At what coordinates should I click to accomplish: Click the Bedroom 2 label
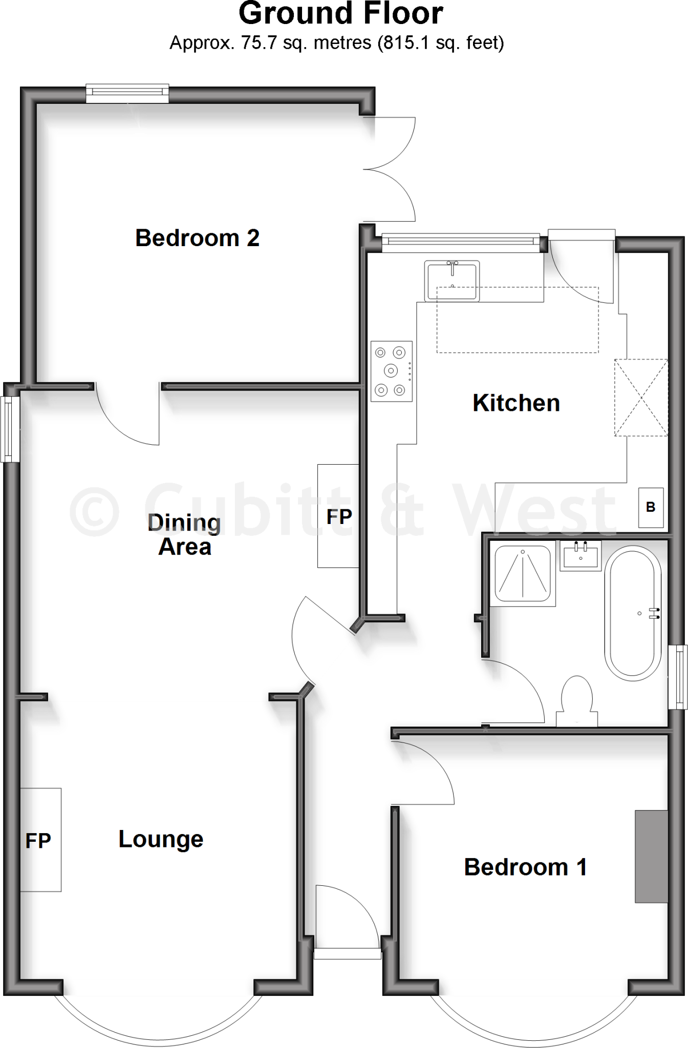click(x=197, y=238)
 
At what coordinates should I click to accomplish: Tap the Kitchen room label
click(x=516, y=403)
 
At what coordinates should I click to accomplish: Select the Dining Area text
click(x=184, y=535)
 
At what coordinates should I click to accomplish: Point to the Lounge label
click(x=161, y=839)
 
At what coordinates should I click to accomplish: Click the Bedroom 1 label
click(x=525, y=867)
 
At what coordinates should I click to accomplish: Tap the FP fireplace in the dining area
click(x=338, y=516)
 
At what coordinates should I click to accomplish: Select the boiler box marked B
click(x=651, y=507)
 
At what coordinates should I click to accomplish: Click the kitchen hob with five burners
click(x=392, y=371)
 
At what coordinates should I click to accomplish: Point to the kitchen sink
click(x=452, y=280)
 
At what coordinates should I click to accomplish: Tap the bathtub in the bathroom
click(x=633, y=613)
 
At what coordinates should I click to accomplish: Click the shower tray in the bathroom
click(x=523, y=574)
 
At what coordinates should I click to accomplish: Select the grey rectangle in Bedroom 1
click(x=651, y=856)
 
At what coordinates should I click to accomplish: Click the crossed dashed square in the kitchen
click(x=641, y=398)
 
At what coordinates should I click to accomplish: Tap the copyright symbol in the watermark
click(x=94, y=511)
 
